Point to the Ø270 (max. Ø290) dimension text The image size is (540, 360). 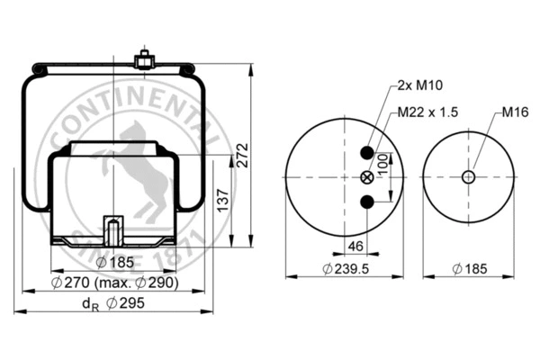coord(114,283)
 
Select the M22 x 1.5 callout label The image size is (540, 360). coord(428,114)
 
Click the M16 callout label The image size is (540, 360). coord(512,114)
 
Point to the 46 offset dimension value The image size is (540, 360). coord(356,246)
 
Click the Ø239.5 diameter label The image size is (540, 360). coord(347,268)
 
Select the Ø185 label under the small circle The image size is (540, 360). coord(470,268)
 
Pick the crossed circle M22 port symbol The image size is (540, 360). coord(366,176)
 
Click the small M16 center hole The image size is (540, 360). coord(468,176)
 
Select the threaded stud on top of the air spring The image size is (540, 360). coord(141,61)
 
